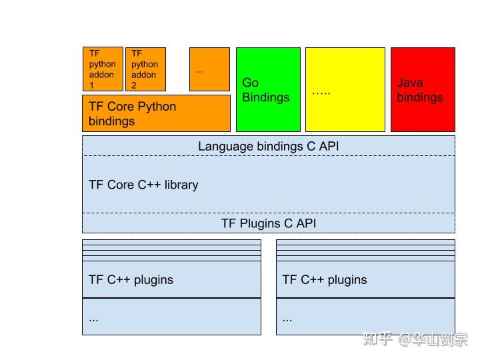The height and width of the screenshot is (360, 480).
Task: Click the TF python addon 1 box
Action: (x=103, y=69)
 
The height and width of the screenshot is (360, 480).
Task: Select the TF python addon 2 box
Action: (x=145, y=69)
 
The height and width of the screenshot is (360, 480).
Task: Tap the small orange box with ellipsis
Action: (x=209, y=69)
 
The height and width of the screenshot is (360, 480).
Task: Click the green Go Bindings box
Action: (x=268, y=89)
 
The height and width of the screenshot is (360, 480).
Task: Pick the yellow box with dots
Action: (x=345, y=89)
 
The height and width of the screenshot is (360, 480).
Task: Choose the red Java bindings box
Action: (x=423, y=89)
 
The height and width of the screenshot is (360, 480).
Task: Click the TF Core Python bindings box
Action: (x=156, y=113)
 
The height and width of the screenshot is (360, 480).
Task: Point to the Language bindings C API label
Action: (x=268, y=146)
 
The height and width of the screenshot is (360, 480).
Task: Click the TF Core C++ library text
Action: (x=143, y=185)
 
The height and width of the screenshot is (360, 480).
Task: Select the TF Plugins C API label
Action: (x=268, y=223)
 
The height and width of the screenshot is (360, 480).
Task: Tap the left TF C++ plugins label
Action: (x=131, y=279)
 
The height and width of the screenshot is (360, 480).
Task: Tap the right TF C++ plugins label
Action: (x=325, y=279)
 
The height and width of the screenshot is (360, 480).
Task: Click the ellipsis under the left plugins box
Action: (x=93, y=318)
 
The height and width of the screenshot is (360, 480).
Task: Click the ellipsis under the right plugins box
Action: (x=287, y=318)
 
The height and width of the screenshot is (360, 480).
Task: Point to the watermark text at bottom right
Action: (x=415, y=339)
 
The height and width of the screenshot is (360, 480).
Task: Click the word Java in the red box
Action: (x=410, y=83)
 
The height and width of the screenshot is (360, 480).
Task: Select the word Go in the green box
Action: (x=250, y=83)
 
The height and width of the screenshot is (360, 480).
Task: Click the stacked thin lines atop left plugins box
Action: (x=171, y=250)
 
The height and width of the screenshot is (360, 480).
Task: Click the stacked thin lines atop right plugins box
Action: (x=365, y=250)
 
